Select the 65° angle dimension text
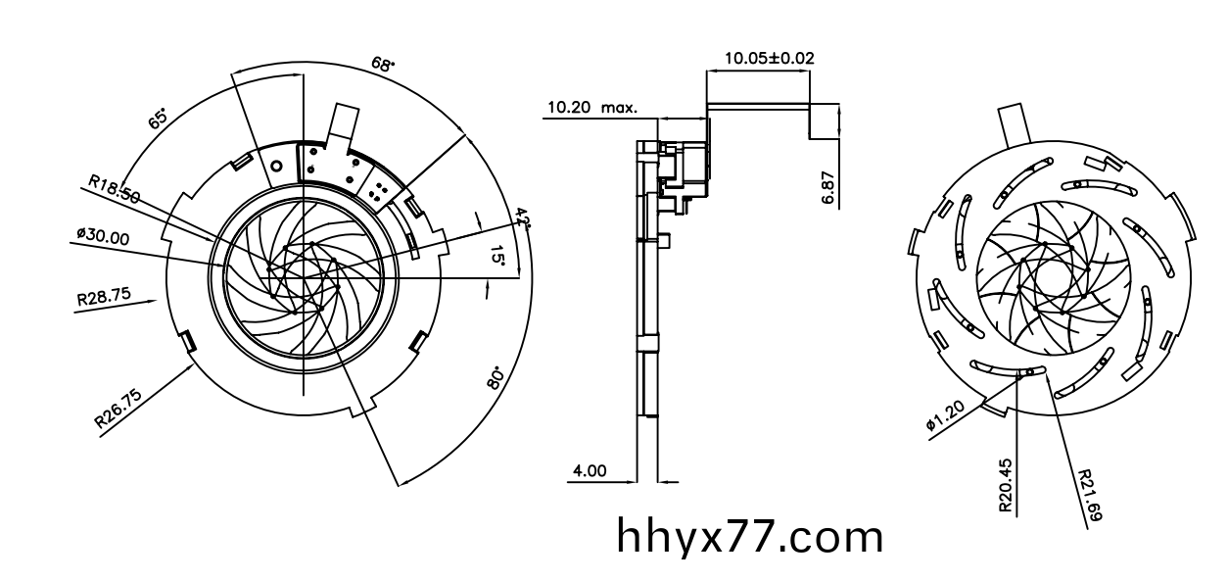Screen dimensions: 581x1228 point(158,120)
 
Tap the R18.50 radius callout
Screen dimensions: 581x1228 point(113,188)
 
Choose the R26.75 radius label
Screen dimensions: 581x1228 point(118,409)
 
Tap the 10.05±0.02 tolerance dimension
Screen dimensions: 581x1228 point(769,58)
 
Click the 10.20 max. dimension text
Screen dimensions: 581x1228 point(591,107)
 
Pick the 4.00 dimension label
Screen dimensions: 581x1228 point(589,470)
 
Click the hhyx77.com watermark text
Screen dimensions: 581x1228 point(750,537)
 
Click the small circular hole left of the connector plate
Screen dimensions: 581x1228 point(277,166)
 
